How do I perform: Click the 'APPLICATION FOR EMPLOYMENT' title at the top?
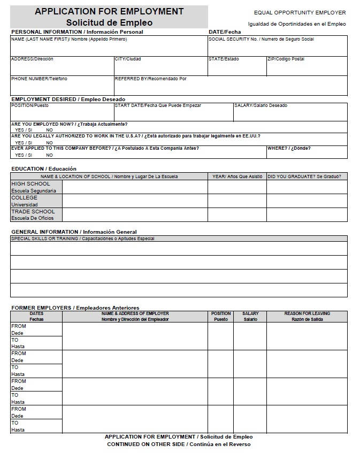pos(109,11)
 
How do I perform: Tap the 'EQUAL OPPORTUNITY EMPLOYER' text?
pos(300,12)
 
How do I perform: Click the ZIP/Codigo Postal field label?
pos(286,59)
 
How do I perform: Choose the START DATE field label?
pos(158,105)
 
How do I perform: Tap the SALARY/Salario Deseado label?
pos(261,105)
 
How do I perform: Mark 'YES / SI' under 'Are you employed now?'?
pos(24,130)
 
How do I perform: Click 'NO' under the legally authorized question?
pos(49,143)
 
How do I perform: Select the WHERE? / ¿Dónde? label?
pos(289,148)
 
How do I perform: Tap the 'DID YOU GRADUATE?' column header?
pos(304,176)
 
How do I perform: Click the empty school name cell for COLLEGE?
pos(135,201)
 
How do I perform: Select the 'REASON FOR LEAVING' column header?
pos(307,313)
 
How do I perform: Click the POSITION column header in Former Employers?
pos(220,313)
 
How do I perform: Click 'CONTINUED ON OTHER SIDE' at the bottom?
pos(179,444)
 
